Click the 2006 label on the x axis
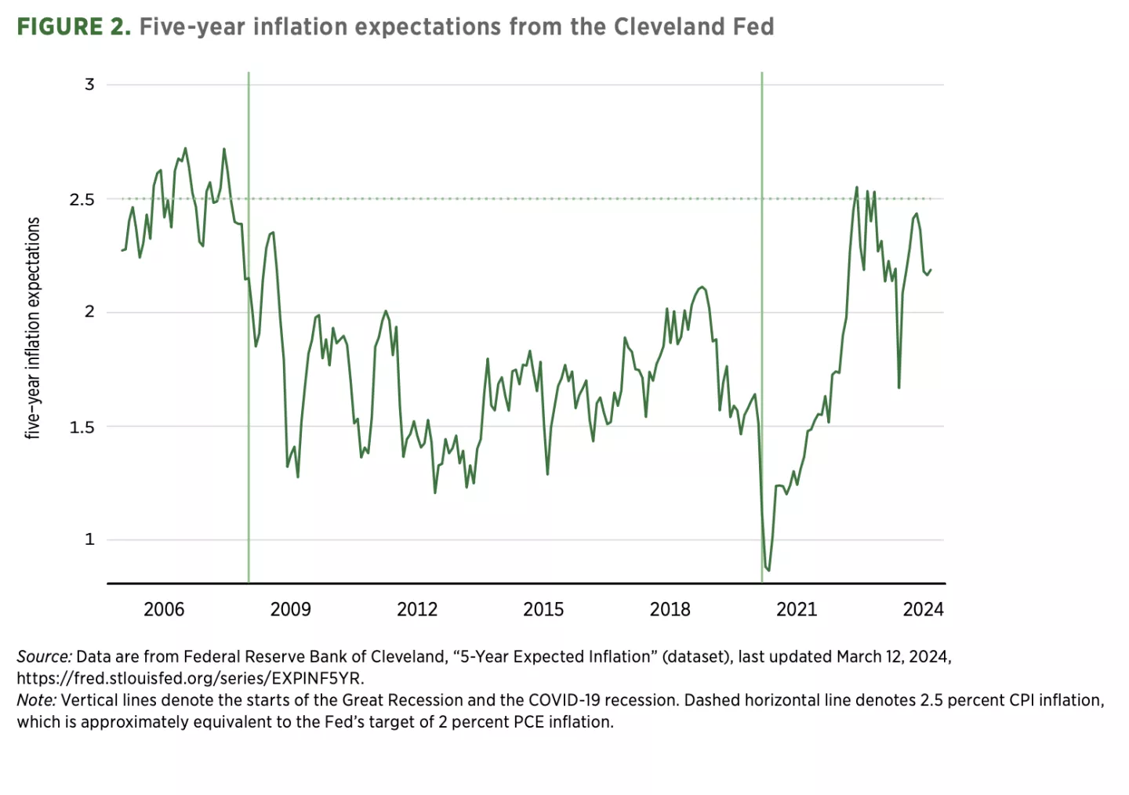pos(163,609)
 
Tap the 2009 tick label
pos(290,609)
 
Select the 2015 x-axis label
pos(543,609)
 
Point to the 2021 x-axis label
pos(797,609)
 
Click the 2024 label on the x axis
pos(923,609)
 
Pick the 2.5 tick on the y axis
pos(82,199)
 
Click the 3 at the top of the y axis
pos(89,84)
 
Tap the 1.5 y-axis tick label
pos(82,427)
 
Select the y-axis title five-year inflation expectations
pos(33,328)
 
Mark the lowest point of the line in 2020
pos(768,570)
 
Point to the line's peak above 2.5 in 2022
pos(856,187)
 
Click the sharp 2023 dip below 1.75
pos(898,387)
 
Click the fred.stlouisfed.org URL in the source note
pos(191,678)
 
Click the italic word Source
pos(44,657)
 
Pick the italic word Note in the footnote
pos(36,700)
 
